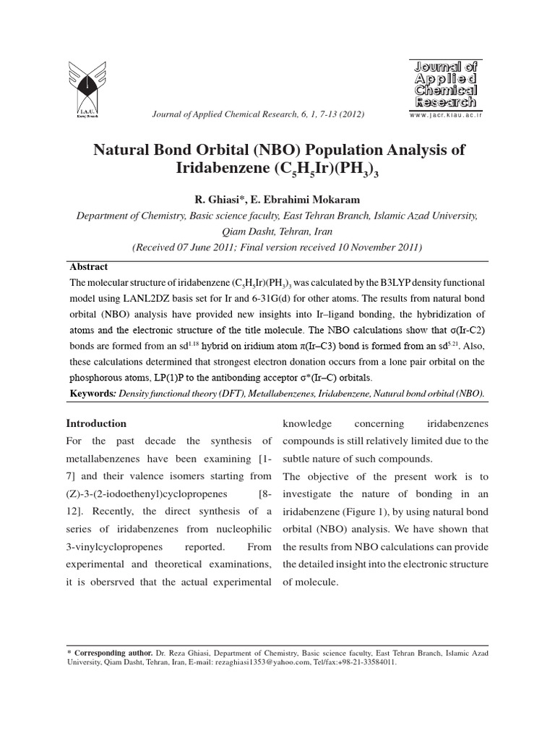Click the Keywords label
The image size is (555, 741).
(x=92, y=394)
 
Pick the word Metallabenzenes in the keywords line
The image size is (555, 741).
(x=298, y=394)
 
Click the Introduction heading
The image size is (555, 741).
(x=96, y=423)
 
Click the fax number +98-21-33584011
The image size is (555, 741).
(x=371, y=661)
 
